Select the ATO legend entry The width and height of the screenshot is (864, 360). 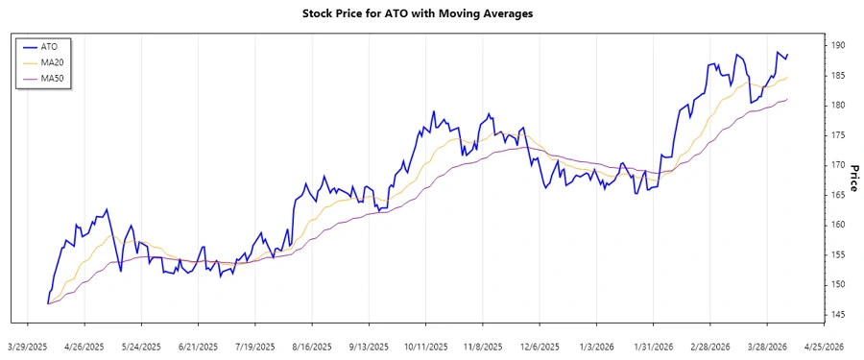pyautogui.click(x=49, y=45)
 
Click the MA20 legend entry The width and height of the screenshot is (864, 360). pyautogui.click(x=52, y=61)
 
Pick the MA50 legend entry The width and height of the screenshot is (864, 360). pyautogui.click(x=52, y=78)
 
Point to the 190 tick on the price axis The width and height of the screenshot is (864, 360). pyautogui.click(x=838, y=45)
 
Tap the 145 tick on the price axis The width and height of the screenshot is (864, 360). pyautogui.click(x=838, y=315)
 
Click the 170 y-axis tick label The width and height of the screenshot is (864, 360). pyautogui.click(x=838, y=165)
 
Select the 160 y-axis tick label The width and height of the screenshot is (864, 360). pyautogui.click(x=838, y=225)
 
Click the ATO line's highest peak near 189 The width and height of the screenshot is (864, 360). pyautogui.click(x=778, y=52)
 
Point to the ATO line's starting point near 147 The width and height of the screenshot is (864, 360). pyautogui.click(x=47, y=303)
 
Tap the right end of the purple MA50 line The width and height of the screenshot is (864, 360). pyautogui.click(x=787, y=99)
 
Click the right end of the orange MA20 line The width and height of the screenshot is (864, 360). pyautogui.click(x=787, y=78)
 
